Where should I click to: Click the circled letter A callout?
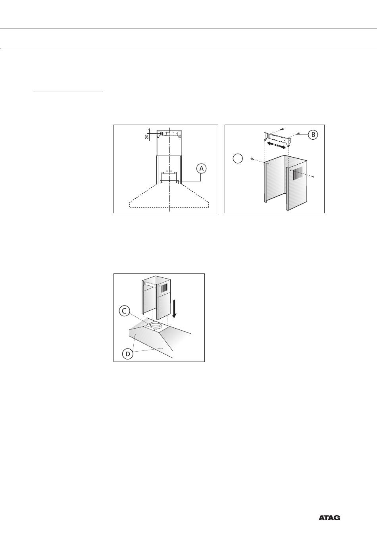click(x=202, y=169)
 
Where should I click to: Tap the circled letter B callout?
click(x=313, y=135)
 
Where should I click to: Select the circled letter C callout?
click(x=124, y=311)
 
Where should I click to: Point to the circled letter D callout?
click(x=128, y=354)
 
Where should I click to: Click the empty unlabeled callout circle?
click(x=238, y=159)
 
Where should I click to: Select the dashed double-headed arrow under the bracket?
click(x=276, y=145)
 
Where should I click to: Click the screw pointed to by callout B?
click(x=298, y=134)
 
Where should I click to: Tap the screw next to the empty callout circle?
click(x=252, y=159)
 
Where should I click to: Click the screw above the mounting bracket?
click(x=282, y=129)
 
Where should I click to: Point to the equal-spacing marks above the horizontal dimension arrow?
click(x=169, y=171)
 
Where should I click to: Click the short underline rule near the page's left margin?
click(x=68, y=91)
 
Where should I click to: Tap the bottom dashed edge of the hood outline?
click(x=169, y=207)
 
